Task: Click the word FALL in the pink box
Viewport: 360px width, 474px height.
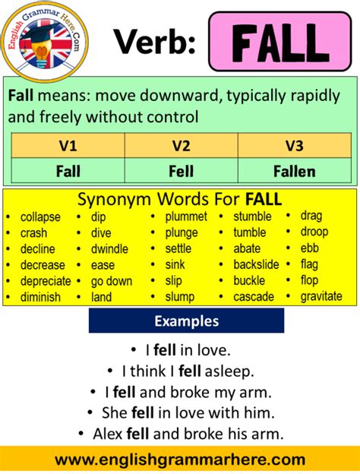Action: click(280, 44)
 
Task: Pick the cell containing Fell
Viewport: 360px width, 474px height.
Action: click(181, 171)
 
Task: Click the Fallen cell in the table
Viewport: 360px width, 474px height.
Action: click(295, 171)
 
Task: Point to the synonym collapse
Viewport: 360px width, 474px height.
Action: click(40, 217)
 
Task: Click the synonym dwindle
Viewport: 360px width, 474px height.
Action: click(110, 249)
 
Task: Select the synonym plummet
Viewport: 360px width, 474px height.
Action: click(186, 217)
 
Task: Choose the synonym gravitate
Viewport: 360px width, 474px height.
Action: click(321, 296)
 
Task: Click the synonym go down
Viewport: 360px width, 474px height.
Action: click(112, 281)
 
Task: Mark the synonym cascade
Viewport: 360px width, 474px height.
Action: click(254, 297)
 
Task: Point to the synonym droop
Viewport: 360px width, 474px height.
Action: click(314, 232)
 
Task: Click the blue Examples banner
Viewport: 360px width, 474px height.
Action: click(186, 321)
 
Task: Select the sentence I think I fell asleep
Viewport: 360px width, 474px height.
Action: click(186, 372)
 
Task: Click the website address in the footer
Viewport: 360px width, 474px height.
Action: click(180, 460)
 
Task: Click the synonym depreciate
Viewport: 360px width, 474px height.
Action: click(46, 281)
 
